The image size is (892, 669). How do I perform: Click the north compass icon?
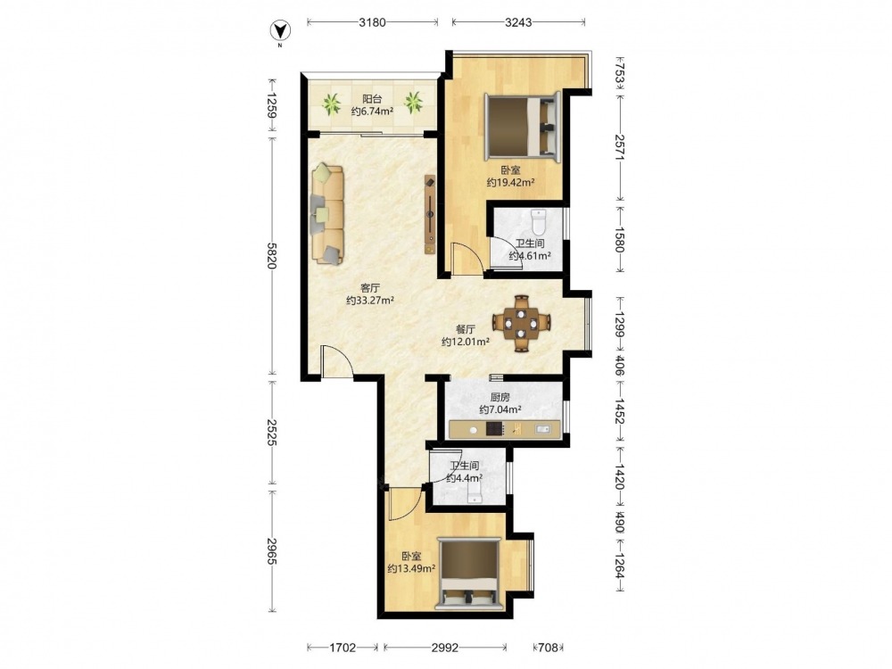[279, 30]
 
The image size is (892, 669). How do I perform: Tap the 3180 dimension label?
[373, 22]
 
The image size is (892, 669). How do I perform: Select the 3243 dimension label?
[518, 22]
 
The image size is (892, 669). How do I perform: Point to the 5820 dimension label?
[272, 255]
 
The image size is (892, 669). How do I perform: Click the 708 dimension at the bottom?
[549, 648]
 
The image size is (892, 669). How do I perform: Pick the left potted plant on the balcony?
[331, 103]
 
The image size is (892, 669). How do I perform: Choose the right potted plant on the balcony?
[414, 103]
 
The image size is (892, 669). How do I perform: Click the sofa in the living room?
[327, 214]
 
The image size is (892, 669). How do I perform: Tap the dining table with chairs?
[522, 323]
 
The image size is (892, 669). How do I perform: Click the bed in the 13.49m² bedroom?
[469, 574]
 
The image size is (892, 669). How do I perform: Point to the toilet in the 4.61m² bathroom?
[538, 222]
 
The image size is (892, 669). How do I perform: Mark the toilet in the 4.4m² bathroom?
[475, 494]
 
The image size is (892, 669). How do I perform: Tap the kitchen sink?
[542, 429]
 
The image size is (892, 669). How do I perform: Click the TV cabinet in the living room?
[430, 214]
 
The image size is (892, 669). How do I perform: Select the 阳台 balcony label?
[372, 99]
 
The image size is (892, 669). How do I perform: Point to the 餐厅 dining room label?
[466, 329]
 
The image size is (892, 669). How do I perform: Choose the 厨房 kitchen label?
[500, 397]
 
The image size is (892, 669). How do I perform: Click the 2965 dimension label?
[272, 551]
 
